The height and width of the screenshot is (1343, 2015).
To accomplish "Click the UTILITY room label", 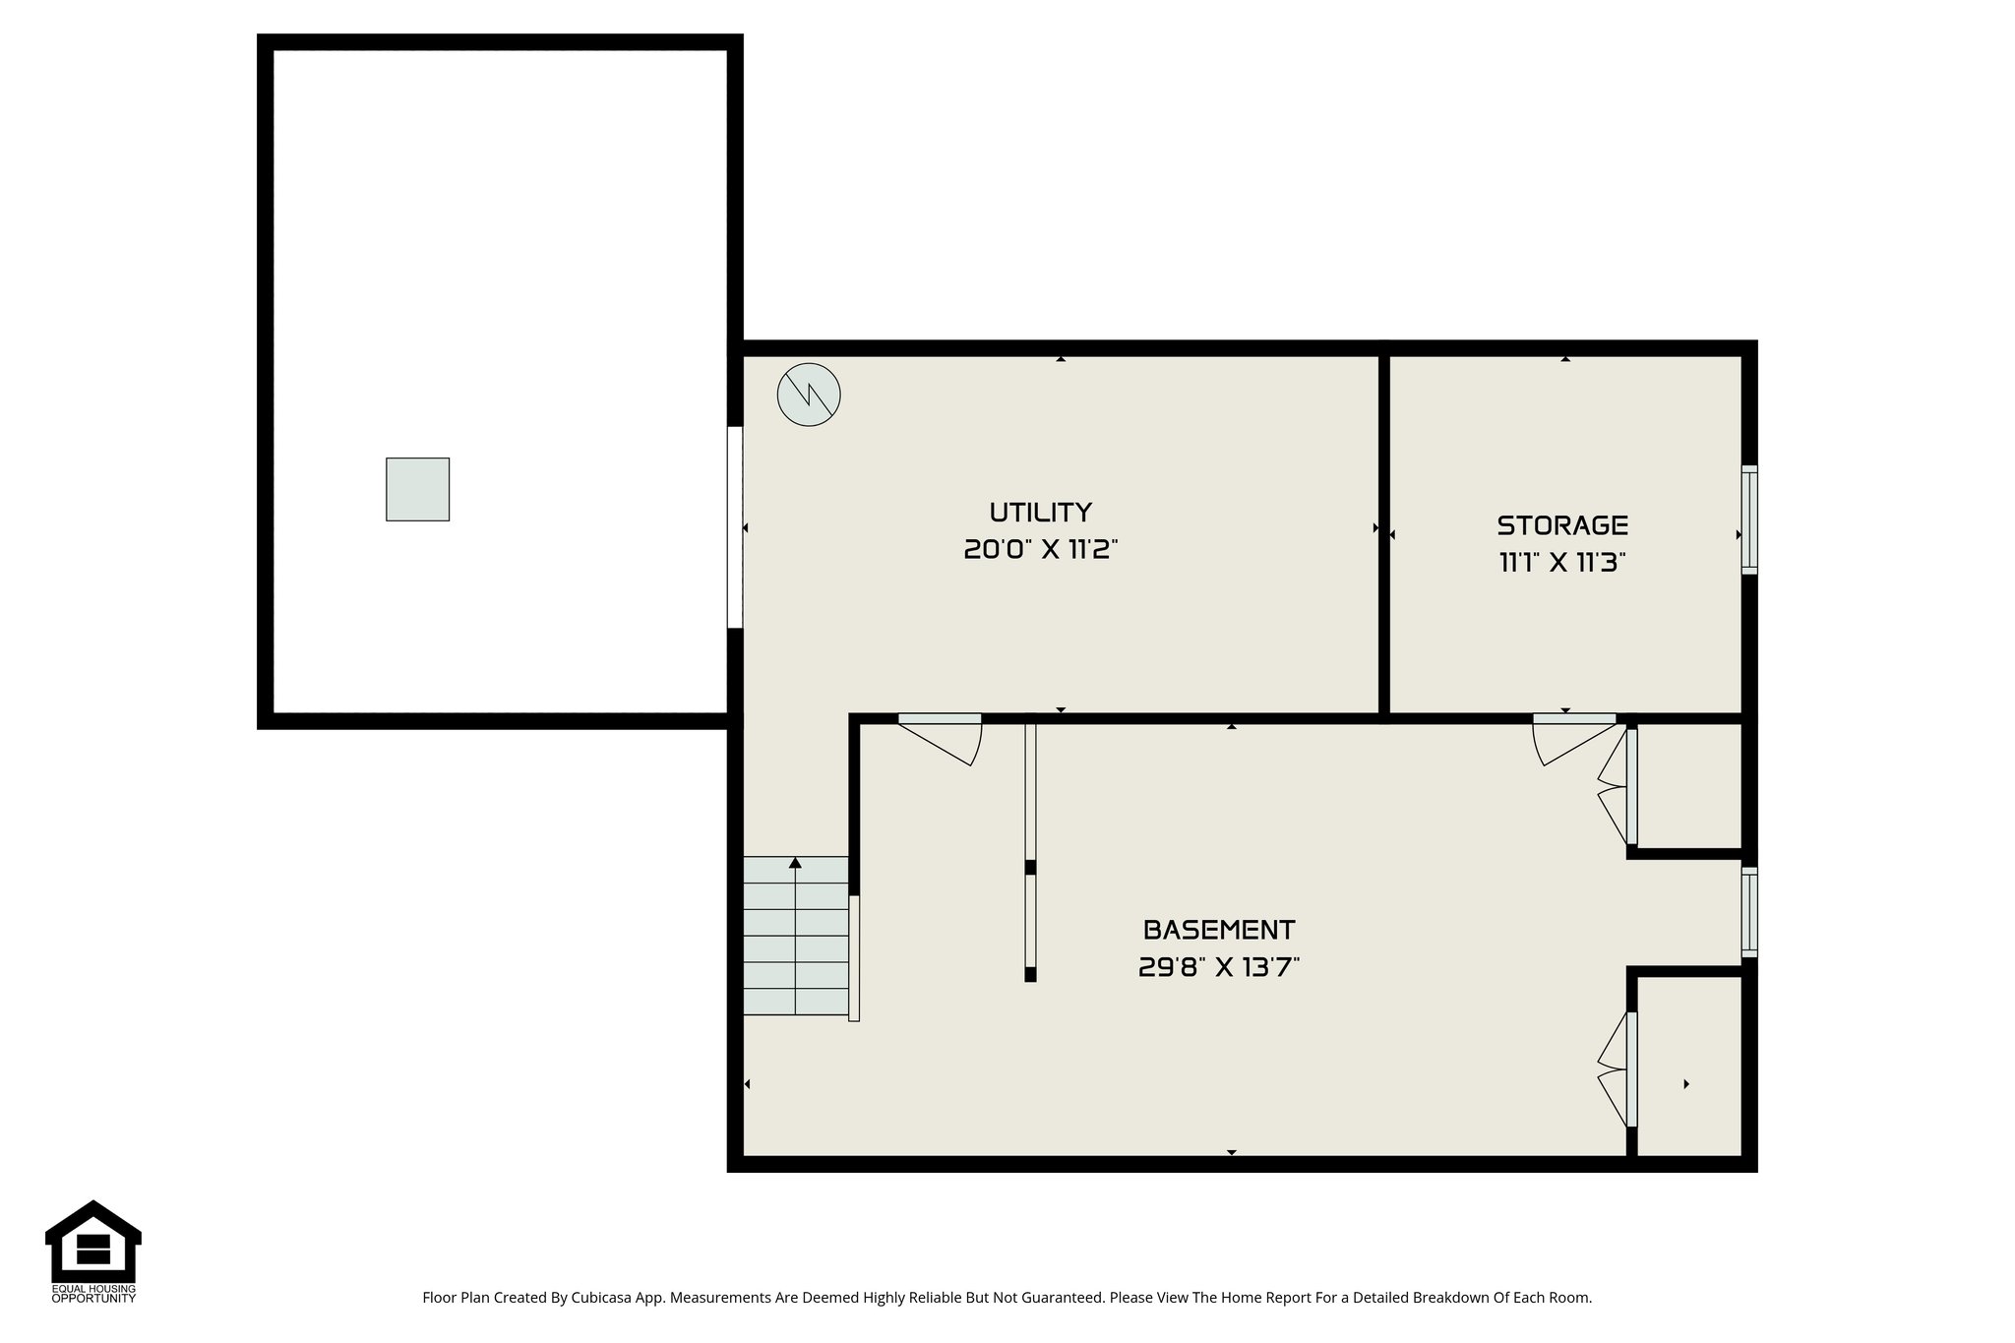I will point(1040,513).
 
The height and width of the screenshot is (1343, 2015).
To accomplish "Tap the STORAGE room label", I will point(1562,525).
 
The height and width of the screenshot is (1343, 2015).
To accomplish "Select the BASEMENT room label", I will point(1218,930).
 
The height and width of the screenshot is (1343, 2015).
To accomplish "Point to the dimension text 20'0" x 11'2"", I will point(1040,550).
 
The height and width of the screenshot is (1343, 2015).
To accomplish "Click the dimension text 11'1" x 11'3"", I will point(1561,563).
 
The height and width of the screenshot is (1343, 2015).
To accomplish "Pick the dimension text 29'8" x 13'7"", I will point(1218,968).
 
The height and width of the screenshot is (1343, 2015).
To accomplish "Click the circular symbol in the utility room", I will point(809,396).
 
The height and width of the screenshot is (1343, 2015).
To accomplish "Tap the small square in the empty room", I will point(417,489).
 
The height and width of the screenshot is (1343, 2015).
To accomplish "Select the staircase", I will point(795,937).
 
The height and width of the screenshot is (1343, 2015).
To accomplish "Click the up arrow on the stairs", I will point(795,863).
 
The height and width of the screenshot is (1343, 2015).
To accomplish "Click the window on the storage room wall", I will point(1749,519).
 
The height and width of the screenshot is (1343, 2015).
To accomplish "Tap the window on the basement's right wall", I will point(1749,912).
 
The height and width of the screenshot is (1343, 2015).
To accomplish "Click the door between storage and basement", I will point(1574,738).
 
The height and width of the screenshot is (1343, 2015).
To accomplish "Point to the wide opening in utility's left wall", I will point(734,526).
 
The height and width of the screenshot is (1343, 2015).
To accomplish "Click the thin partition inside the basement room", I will point(1030,851).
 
